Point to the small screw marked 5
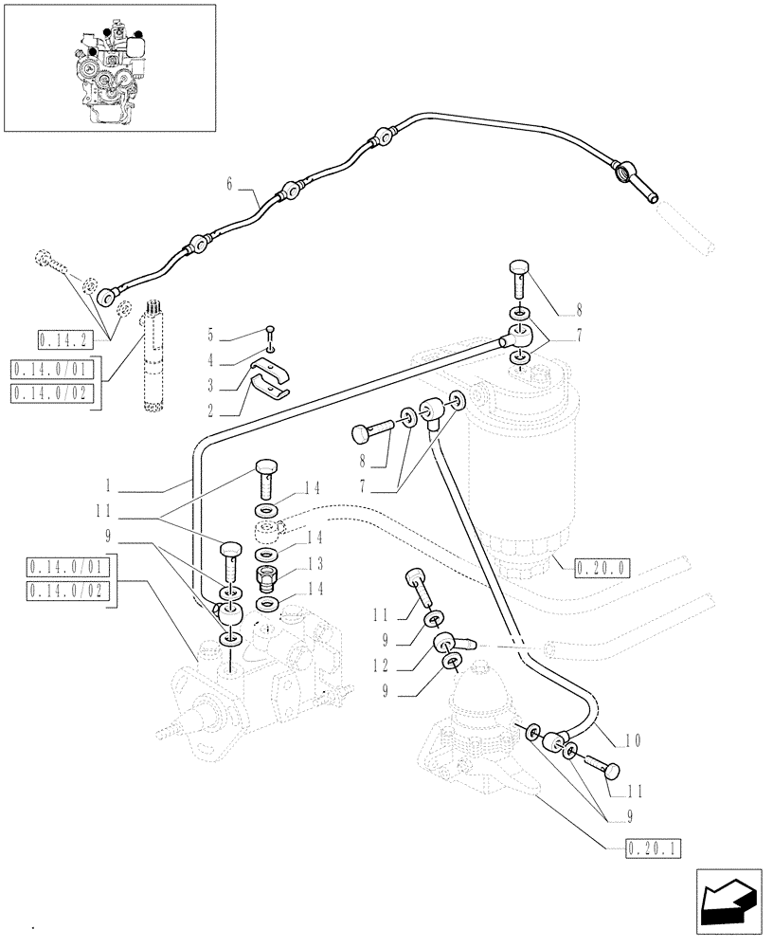(x=271, y=333)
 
